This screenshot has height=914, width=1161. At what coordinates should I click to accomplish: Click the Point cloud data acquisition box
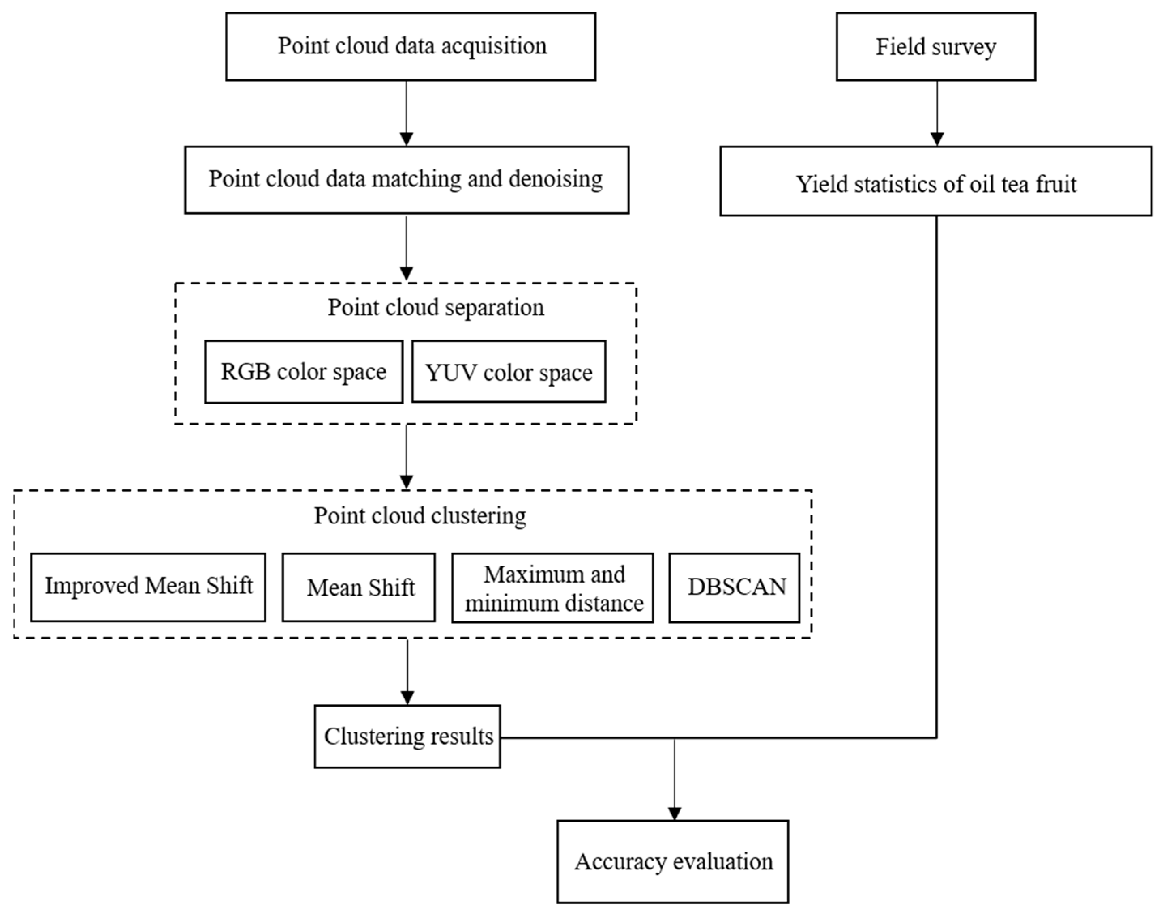(x=410, y=47)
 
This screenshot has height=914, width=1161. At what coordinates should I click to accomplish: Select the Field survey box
(x=935, y=47)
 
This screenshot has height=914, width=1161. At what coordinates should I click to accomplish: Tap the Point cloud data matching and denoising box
(x=407, y=180)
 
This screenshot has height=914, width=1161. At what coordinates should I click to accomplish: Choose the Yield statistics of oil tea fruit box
(x=935, y=182)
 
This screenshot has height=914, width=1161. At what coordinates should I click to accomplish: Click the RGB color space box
(x=303, y=372)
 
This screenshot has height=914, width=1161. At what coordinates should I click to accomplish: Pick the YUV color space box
(x=508, y=372)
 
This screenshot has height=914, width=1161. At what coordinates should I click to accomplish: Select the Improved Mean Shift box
(x=148, y=587)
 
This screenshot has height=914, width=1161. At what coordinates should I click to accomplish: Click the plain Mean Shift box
(x=358, y=587)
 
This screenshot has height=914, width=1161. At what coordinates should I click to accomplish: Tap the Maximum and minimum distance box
(x=552, y=587)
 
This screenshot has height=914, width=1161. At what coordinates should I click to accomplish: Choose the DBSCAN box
(x=734, y=587)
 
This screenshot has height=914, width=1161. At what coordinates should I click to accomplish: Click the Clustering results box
(x=407, y=736)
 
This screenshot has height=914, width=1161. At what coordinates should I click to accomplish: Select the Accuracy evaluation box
(x=673, y=862)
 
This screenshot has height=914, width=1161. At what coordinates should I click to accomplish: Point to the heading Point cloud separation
(x=436, y=308)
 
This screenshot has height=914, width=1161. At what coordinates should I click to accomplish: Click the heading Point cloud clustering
(x=420, y=516)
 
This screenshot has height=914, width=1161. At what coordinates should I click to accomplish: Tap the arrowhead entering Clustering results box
(x=407, y=698)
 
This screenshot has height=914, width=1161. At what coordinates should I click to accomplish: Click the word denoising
(x=555, y=179)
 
